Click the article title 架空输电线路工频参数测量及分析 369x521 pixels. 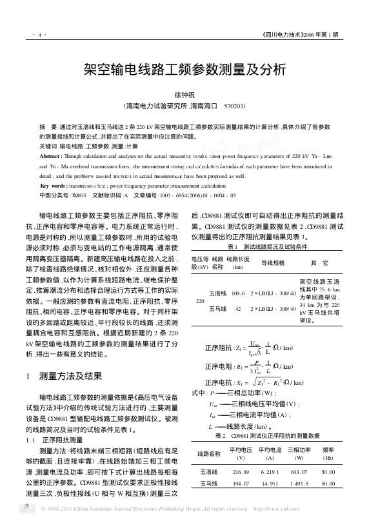coord(184,70)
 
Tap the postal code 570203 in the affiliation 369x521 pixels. coord(234,106)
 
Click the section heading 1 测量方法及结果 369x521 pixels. coord(71,376)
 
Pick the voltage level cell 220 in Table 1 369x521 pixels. coord(200,300)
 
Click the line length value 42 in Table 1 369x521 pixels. coord(238,309)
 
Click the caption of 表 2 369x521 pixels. coord(267,436)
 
